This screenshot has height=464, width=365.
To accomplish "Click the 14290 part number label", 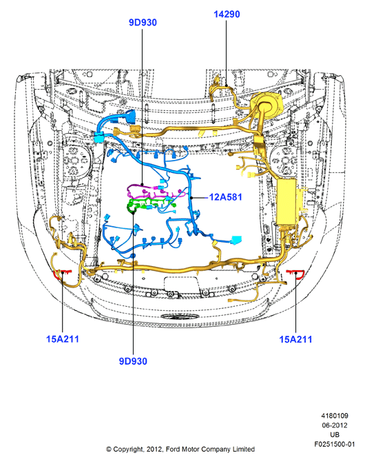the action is click(x=227, y=14).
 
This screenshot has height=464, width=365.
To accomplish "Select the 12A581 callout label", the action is click(x=225, y=197).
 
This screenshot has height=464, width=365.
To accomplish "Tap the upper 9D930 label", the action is click(x=143, y=23).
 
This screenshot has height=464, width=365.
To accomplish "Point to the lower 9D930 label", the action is click(x=133, y=361).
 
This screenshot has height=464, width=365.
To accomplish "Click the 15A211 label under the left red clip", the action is click(x=63, y=339).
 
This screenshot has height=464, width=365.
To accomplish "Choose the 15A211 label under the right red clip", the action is click(x=295, y=339).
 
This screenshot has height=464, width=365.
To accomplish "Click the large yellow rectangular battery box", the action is click(x=286, y=201).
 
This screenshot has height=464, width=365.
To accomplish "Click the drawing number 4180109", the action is click(x=335, y=416).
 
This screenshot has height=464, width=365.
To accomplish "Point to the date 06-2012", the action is click(x=335, y=425).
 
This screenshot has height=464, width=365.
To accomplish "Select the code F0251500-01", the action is click(x=334, y=444).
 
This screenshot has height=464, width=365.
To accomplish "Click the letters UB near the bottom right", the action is click(x=335, y=435).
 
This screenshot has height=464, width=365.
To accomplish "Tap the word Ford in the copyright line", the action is click(x=173, y=450).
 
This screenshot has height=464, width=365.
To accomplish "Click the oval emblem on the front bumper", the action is click(x=179, y=316).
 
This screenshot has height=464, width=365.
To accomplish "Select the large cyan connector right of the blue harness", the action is click(x=236, y=240).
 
